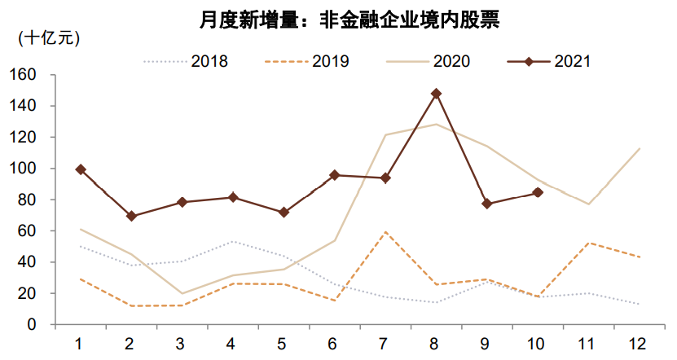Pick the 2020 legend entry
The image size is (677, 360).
click(x=451, y=61)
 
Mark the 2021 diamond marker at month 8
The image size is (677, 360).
click(x=436, y=94)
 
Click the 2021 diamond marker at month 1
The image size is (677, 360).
click(x=80, y=169)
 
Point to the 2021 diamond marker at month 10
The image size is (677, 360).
click(x=538, y=192)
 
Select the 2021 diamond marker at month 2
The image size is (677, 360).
click(x=131, y=216)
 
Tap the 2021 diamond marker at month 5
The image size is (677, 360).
click(x=284, y=212)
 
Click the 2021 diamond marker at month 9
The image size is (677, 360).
click(x=487, y=204)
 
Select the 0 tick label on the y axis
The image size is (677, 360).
click(x=33, y=324)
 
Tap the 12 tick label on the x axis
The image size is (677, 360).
click(x=639, y=343)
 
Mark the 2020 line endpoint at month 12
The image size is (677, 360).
click(x=639, y=148)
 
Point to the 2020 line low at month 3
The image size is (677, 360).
click(x=182, y=293)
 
